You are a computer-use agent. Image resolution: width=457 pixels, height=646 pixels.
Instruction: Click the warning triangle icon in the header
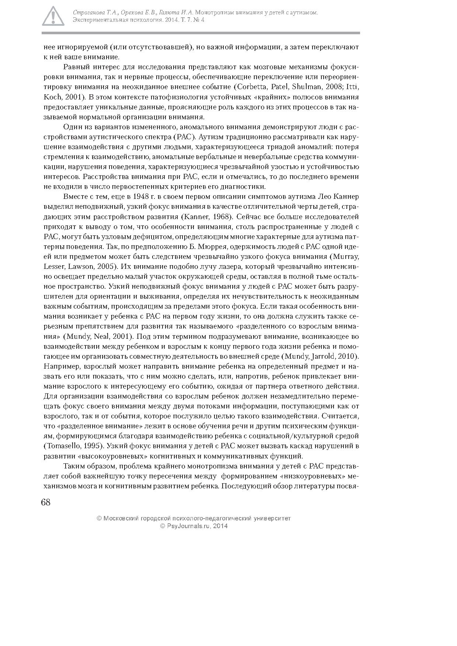tap(53, 16)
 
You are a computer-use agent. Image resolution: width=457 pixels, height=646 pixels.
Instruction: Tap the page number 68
tap(46, 502)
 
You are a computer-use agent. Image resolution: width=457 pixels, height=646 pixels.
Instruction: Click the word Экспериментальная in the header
tap(97, 20)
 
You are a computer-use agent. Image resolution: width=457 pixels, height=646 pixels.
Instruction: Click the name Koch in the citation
tap(51, 97)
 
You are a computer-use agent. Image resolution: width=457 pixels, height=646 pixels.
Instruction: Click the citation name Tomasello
tap(61, 446)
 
